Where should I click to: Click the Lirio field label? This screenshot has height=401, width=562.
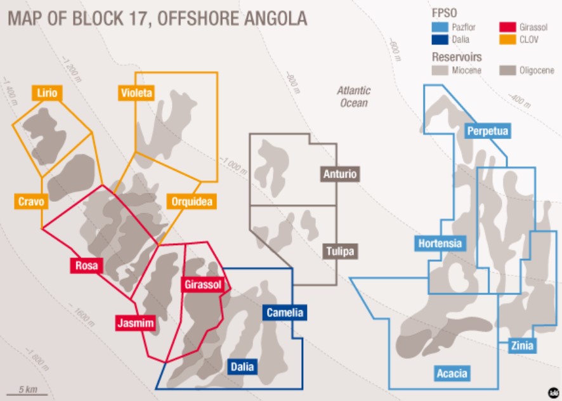[47, 93]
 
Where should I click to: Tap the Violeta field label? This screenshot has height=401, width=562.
[136, 93]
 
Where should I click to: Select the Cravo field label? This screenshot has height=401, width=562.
[31, 202]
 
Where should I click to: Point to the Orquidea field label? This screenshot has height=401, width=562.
[192, 202]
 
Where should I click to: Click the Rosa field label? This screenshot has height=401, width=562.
[86, 265]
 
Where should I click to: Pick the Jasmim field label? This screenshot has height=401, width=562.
[136, 323]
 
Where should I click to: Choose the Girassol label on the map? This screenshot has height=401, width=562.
[202, 285]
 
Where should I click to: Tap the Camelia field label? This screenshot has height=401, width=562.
[285, 312]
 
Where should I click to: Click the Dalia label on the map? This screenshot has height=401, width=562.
[242, 366]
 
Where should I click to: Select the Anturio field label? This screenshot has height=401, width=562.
[340, 174]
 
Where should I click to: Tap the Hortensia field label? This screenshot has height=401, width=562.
[440, 244]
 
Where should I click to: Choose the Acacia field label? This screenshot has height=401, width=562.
[452, 373]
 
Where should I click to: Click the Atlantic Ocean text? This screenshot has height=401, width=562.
[353, 96]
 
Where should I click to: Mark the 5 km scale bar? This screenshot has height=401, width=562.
[27, 394]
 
